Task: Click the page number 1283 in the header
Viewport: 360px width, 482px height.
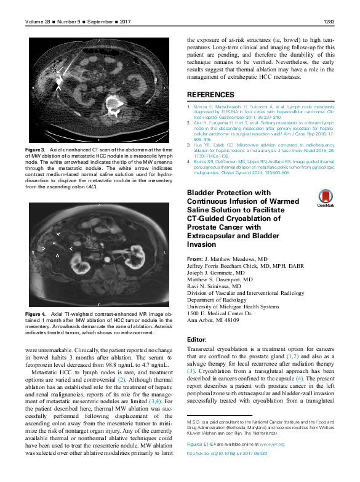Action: [328, 22]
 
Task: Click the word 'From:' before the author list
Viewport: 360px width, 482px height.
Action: [194, 259]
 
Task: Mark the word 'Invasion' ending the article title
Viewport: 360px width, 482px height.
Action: [202, 244]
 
